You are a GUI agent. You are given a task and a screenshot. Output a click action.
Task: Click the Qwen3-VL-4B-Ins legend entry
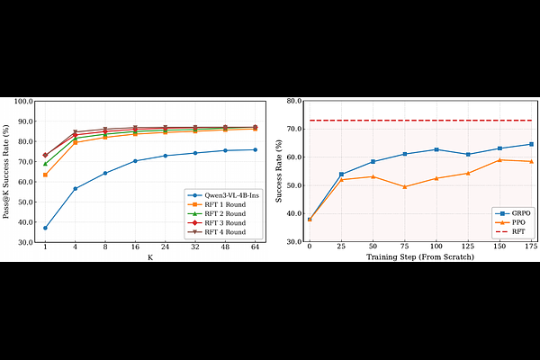pyautogui.click(x=226, y=193)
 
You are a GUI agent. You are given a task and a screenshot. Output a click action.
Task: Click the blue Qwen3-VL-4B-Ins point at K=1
pyautogui.click(x=45, y=228)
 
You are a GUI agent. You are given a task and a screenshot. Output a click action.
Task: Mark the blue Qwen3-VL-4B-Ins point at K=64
pyautogui.click(x=255, y=149)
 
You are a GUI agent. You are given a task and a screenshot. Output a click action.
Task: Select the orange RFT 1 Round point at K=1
pyautogui.click(x=45, y=175)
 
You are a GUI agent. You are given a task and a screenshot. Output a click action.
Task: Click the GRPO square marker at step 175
pyautogui.click(x=531, y=144)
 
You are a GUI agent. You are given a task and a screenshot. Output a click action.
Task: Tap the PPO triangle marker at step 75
pyautogui.click(x=404, y=187)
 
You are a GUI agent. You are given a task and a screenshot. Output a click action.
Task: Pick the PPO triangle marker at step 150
pyautogui.click(x=499, y=160)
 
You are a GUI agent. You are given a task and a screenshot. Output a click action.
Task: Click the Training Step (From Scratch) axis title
pyautogui.click(x=419, y=257)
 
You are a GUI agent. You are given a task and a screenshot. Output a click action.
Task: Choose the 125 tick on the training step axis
pyautogui.click(x=467, y=247)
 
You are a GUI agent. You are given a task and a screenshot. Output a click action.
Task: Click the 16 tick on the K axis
pyautogui.click(x=135, y=247)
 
